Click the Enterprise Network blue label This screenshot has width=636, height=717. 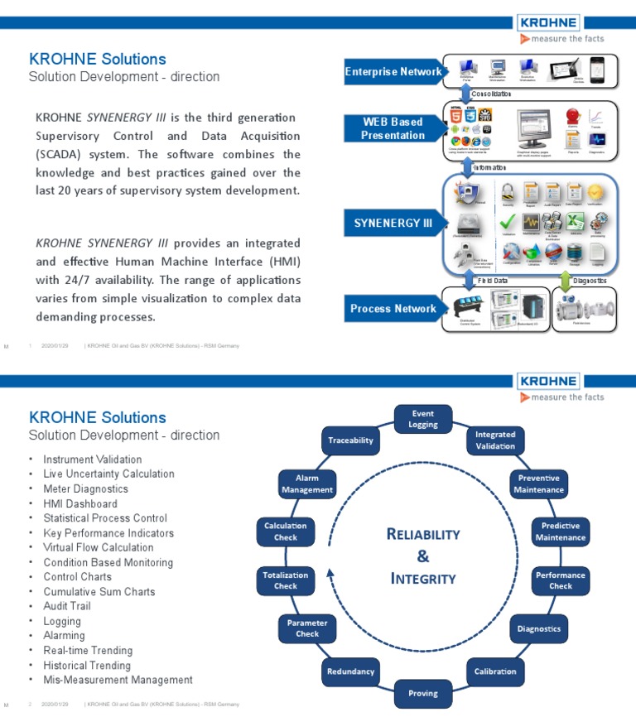coord(393,72)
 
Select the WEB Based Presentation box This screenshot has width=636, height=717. coord(393,128)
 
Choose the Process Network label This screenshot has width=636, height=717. coord(393,309)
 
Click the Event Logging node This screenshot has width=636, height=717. coord(422,418)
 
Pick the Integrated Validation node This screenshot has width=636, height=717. coord(495,440)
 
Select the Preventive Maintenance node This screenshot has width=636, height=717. coord(538,484)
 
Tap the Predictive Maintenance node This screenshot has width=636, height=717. coord(560,532)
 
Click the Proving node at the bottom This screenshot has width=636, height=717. coord(422,693)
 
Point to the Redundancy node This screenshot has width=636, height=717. coord(350,671)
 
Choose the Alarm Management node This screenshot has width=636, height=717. coord(307,484)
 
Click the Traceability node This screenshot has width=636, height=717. coord(350,440)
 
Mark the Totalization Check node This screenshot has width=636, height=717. coord(286,580)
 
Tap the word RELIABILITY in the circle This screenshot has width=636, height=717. coord(422,534)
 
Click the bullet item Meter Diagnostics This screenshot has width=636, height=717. coord(85,488)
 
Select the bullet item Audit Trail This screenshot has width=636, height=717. coord(67,606)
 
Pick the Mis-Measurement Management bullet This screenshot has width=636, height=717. coord(118,680)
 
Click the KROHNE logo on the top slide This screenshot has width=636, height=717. coord(547,23)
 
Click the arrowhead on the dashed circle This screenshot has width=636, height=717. coord(330,570)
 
